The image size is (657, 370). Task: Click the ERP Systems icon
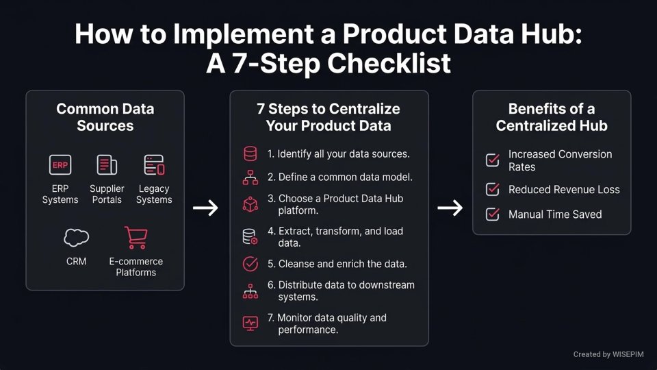pyautogui.click(x=60, y=165)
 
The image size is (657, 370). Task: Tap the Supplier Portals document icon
pyautogui.click(x=107, y=165)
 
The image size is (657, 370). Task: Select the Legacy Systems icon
pyautogui.click(x=154, y=165)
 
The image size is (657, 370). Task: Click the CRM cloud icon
pyautogui.click(x=76, y=237)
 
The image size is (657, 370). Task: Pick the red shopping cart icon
pyautogui.click(x=136, y=237)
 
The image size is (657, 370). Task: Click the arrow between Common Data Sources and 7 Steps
pyautogui.click(x=205, y=208)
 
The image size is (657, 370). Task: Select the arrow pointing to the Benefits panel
pyautogui.click(x=450, y=208)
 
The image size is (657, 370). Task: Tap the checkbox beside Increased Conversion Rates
pyautogui.click(x=492, y=160)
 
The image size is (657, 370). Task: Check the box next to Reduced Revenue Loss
pyautogui.click(x=492, y=189)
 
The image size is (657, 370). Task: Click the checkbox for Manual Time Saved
pyautogui.click(x=492, y=214)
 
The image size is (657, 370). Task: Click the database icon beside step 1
pyautogui.click(x=250, y=154)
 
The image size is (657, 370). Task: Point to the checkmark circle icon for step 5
pyautogui.click(x=250, y=264)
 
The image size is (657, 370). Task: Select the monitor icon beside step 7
pyautogui.click(x=250, y=322)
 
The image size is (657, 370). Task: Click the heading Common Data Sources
pyautogui.click(x=105, y=117)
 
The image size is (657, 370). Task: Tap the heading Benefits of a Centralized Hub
pyautogui.click(x=552, y=117)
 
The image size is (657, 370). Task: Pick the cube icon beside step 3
pyautogui.click(x=250, y=204)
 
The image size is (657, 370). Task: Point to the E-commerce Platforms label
pyautogui.click(x=136, y=267)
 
